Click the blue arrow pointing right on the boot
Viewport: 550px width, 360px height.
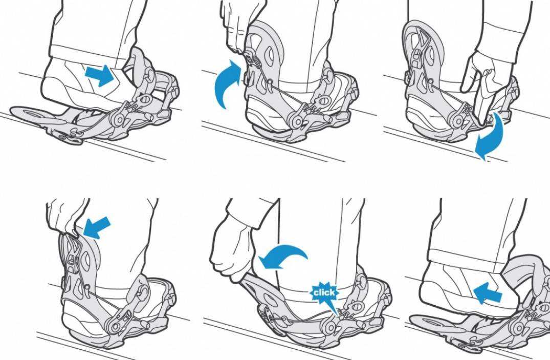click(100, 75)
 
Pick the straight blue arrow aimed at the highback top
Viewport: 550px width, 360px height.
click(97, 227)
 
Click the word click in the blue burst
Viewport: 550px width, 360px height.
click(324, 292)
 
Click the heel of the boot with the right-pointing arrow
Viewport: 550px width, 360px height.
click(53, 84)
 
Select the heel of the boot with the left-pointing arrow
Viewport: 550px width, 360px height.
click(431, 288)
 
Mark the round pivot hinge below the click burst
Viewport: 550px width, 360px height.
click(329, 327)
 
